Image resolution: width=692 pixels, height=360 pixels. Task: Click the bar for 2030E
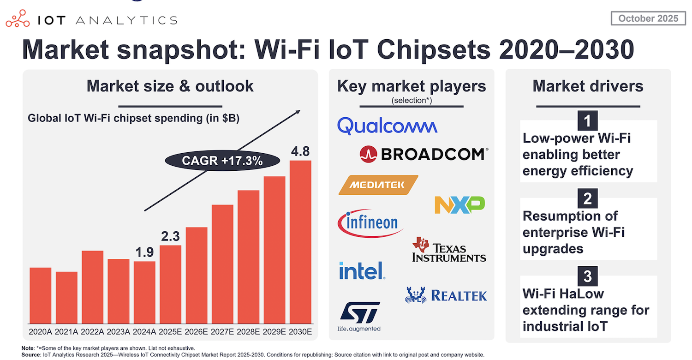pos(300,242)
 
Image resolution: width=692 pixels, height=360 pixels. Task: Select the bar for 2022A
pos(92,287)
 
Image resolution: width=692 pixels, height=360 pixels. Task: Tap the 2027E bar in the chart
pos(222,264)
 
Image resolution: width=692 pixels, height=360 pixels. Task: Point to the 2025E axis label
pos(170,332)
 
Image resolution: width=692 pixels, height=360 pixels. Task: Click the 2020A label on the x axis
pos(40,332)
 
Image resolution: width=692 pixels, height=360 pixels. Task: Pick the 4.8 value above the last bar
pos(300,151)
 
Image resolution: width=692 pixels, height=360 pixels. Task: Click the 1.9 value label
pos(144,252)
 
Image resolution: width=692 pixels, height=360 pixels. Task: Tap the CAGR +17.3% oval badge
pos(222,161)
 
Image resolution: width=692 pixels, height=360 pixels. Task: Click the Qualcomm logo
pos(387,126)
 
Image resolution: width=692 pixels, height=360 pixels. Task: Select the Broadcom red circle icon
pos(368,154)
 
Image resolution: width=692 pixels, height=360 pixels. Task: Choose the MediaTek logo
pos(378,185)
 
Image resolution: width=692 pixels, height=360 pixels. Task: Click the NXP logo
pos(459,205)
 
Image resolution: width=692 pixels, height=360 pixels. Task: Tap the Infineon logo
pos(370,223)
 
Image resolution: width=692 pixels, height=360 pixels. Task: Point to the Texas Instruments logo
pos(449,250)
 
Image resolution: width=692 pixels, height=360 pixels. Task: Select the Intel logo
pos(362,271)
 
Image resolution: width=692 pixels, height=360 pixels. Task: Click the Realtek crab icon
pos(416,295)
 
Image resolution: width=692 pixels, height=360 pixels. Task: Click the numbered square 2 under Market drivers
pos(588,198)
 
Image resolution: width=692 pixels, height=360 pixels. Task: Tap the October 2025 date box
pos(648,18)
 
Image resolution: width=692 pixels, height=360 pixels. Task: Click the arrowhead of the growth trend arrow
pos(298,112)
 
